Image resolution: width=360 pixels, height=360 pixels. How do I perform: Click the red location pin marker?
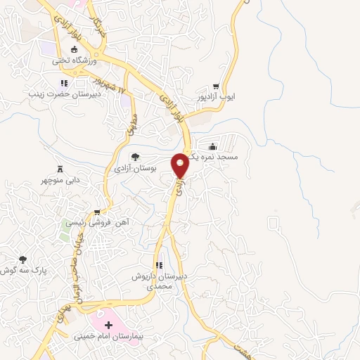[x=181, y=165]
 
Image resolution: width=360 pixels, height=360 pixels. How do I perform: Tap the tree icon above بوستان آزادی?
[x=135, y=157]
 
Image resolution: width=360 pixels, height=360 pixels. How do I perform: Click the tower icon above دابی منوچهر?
[x=60, y=169]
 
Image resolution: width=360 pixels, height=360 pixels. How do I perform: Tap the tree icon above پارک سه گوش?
[x=22, y=259]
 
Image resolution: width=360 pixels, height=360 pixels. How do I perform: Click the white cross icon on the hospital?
[x=109, y=326]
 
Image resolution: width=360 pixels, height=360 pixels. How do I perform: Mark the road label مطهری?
[x=129, y=124]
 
